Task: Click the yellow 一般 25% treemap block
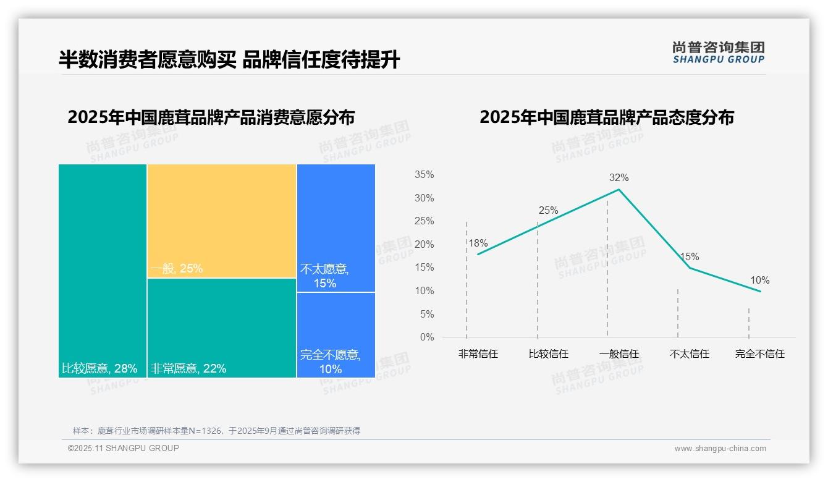coord(221,221)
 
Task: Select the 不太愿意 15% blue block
coord(336,227)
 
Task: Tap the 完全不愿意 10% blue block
coord(336,334)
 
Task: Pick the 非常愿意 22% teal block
coord(221,328)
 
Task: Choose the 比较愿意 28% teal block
coord(103,270)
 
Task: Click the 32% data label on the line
coord(619,178)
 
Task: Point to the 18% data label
coord(478,243)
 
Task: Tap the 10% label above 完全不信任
coord(759,281)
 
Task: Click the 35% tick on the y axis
coord(424,175)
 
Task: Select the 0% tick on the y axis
coord(426,337)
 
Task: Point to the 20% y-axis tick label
coord(424,245)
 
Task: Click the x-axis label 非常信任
coord(478,354)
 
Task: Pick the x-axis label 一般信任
coord(619,354)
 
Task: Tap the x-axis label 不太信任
coord(689,354)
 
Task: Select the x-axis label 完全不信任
coord(759,354)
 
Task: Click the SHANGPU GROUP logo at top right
coord(718,53)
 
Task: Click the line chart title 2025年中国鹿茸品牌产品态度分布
coord(606,117)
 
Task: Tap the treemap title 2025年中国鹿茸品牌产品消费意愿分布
coord(211,117)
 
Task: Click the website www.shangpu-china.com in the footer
coord(720,449)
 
